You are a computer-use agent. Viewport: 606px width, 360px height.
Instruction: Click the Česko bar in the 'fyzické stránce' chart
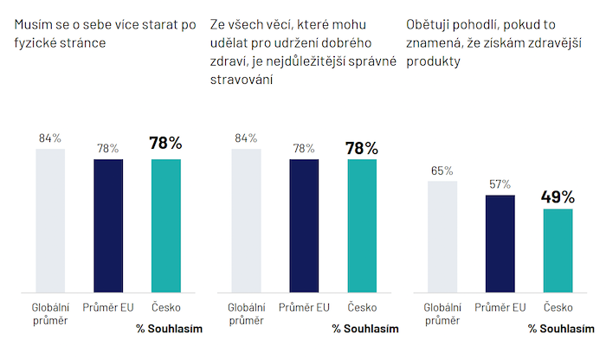coord(165,224)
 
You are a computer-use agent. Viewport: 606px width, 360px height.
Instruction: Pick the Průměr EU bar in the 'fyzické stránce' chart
coord(108,224)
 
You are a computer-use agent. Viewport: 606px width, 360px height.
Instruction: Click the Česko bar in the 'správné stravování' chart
coord(362,224)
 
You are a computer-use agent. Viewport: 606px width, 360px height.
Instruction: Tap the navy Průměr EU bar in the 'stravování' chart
coord(304,224)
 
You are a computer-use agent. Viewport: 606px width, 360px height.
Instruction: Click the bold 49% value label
coord(558,196)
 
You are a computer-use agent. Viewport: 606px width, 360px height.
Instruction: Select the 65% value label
coord(442,170)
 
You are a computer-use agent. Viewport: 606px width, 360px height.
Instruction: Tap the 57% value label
coord(500,184)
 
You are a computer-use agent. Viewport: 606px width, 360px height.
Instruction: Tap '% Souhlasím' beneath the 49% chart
coord(561,329)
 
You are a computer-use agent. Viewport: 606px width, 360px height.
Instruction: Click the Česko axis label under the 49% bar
coord(558,306)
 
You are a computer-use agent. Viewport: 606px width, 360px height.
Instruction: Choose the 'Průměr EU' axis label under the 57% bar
coord(500,306)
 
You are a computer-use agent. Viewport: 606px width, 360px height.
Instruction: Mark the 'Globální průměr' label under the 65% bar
coord(442,313)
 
